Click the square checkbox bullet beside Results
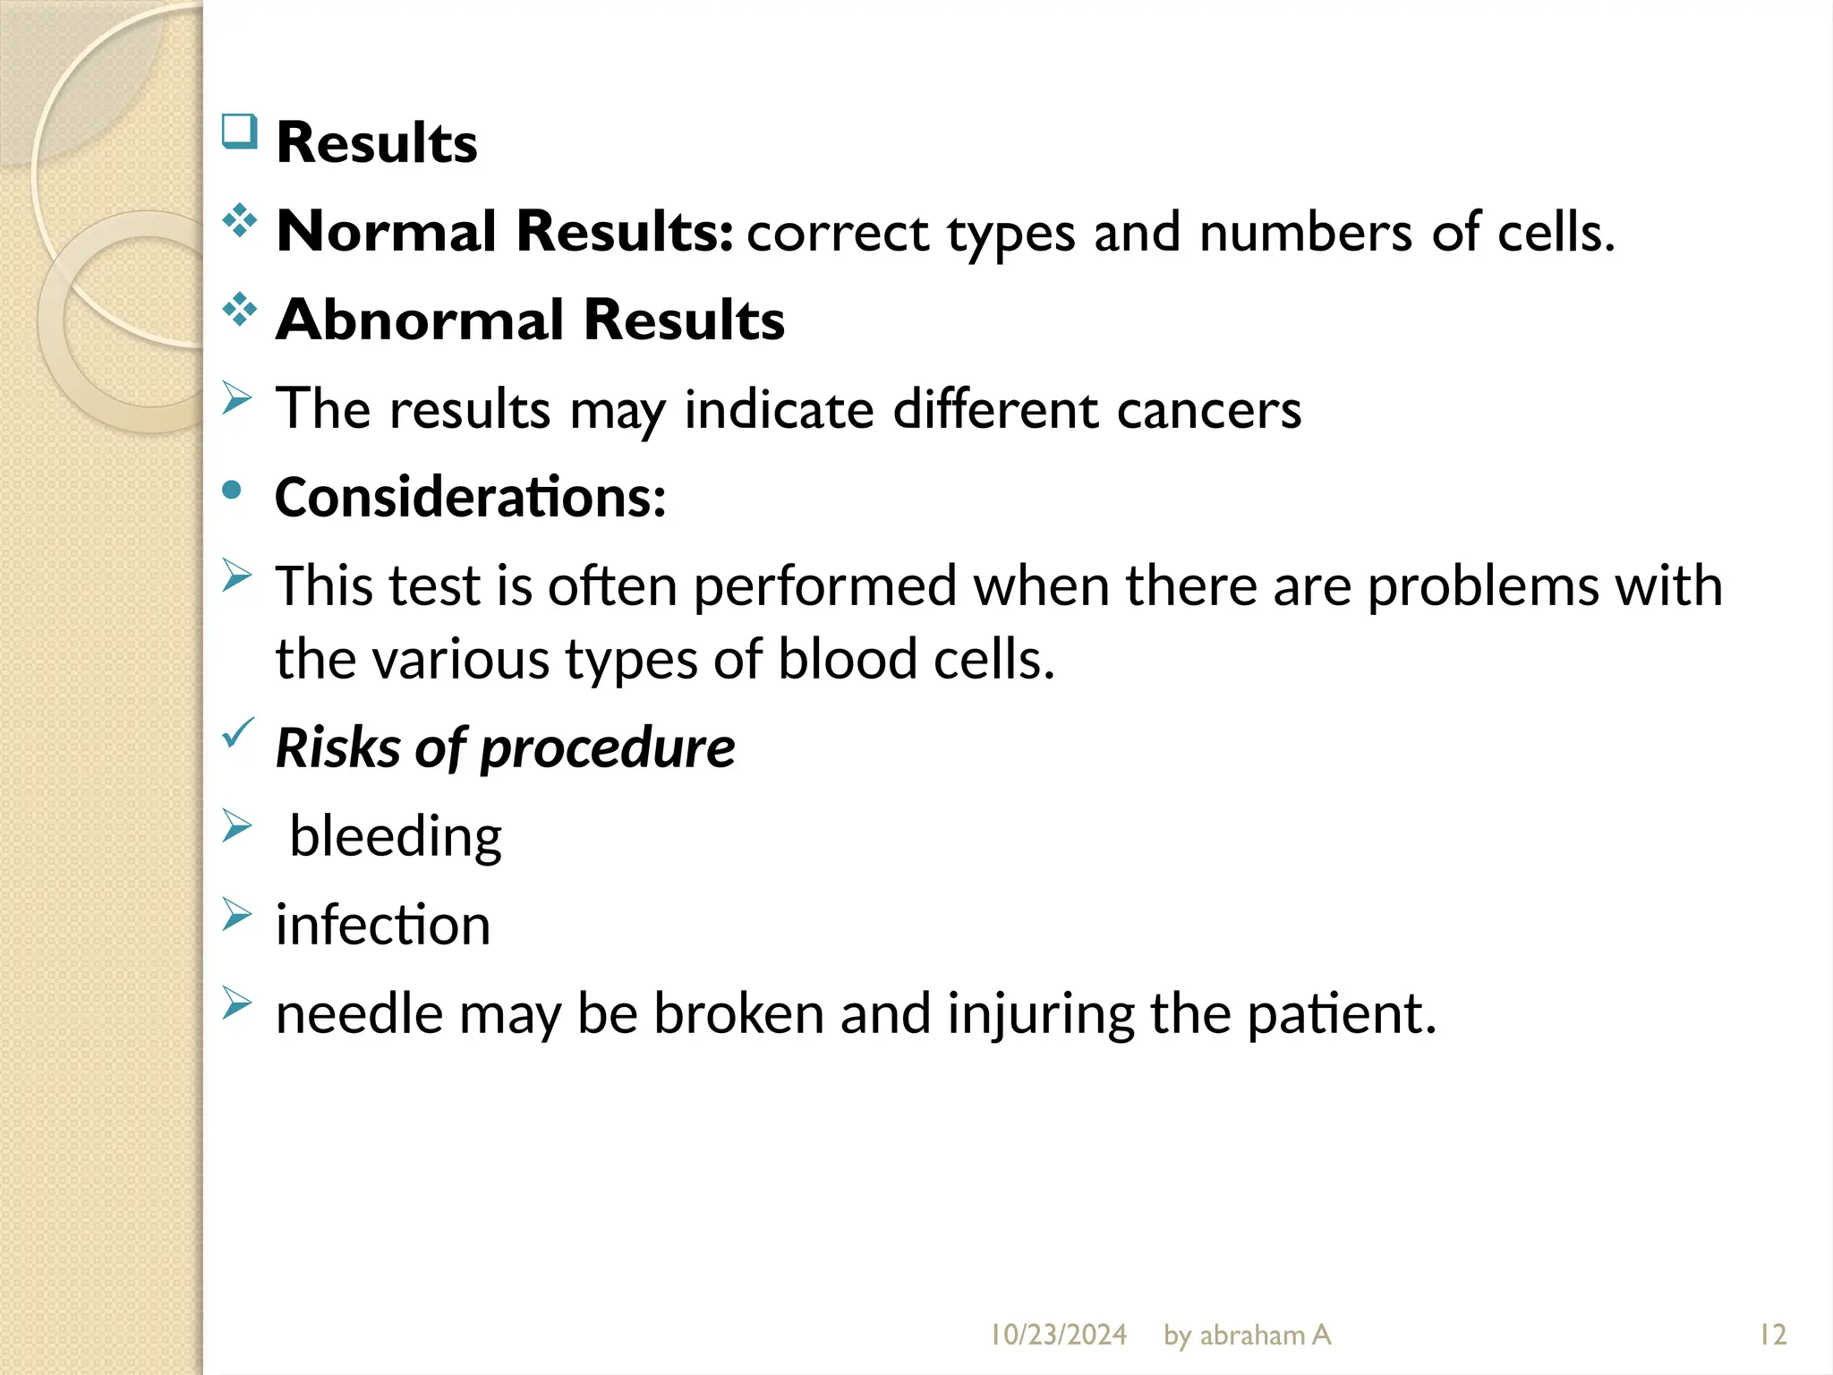click(239, 132)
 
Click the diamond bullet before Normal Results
click(239, 220)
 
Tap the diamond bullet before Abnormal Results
click(239, 309)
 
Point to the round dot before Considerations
click(233, 490)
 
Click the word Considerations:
click(470, 497)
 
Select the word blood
click(848, 660)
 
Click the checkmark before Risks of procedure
click(238, 733)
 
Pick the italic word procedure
click(608, 747)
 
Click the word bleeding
click(396, 836)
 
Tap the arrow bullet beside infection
click(236, 914)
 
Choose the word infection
click(383, 925)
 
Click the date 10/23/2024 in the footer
click(1058, 1335)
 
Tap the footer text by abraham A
click(1247, 1335)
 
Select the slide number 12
click(1772, 1335)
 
